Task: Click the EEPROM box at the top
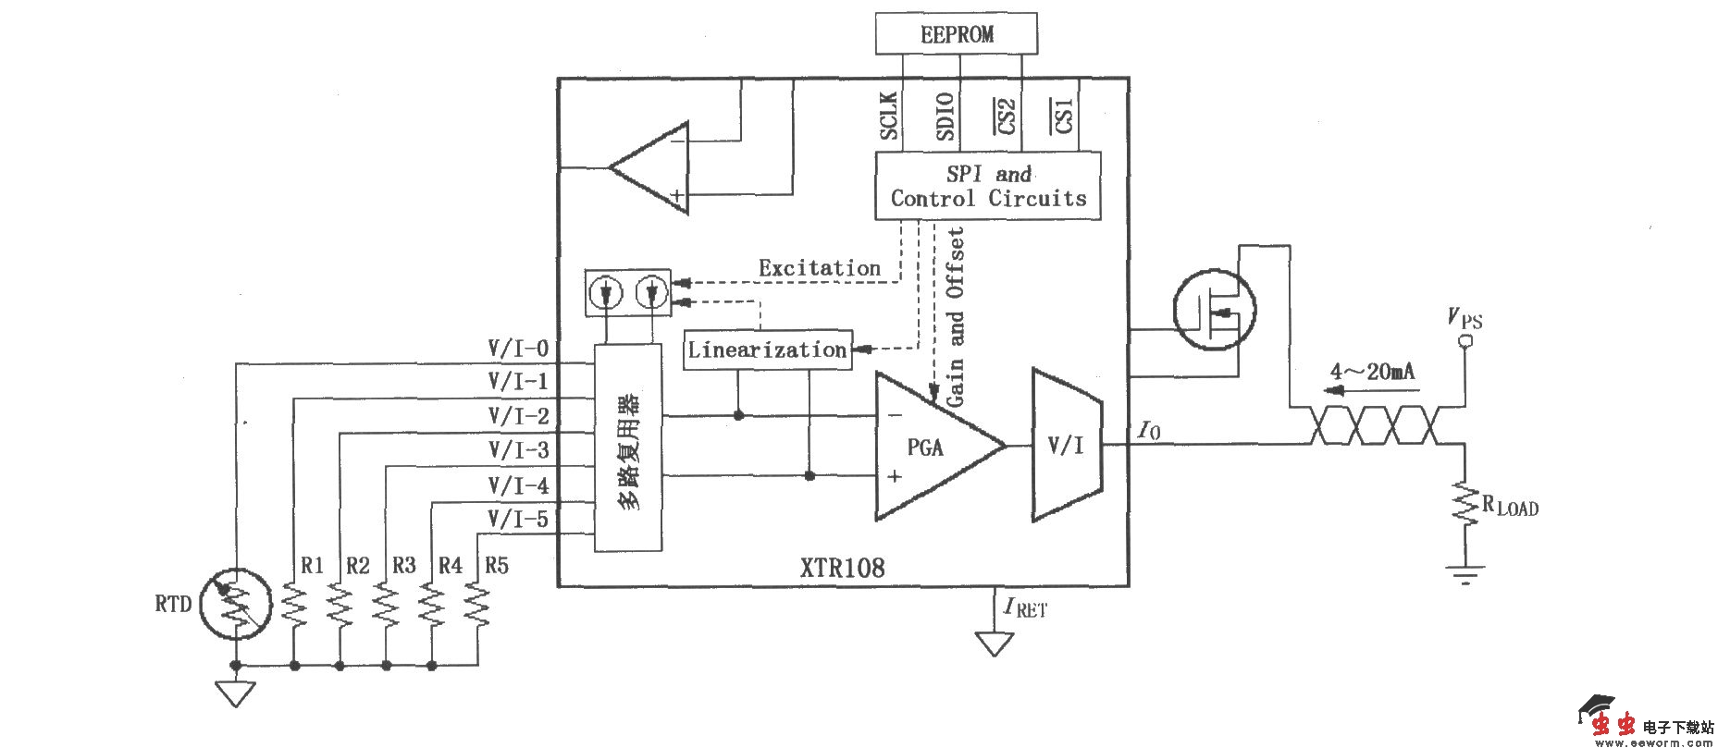pos(956,34)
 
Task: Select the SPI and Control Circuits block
pos(988,186)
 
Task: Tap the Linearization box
pos(767,350)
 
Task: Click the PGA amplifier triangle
pos(930,447)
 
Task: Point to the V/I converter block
pos(1066,445)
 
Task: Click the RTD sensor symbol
pos(236,605)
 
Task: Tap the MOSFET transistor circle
pos(1215,310)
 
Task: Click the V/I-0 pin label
pos(518,349)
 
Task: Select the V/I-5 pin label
pos(518,520)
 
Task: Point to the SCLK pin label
pos(889,116)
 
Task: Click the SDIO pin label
pos(945,116)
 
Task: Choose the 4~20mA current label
pos(1372,372)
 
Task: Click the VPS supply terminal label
pos(1465,320)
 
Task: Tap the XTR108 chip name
pos(842,567)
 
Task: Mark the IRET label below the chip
pos(1025,608)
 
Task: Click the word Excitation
pos(820,268)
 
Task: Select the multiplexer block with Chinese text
pos(628,448)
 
